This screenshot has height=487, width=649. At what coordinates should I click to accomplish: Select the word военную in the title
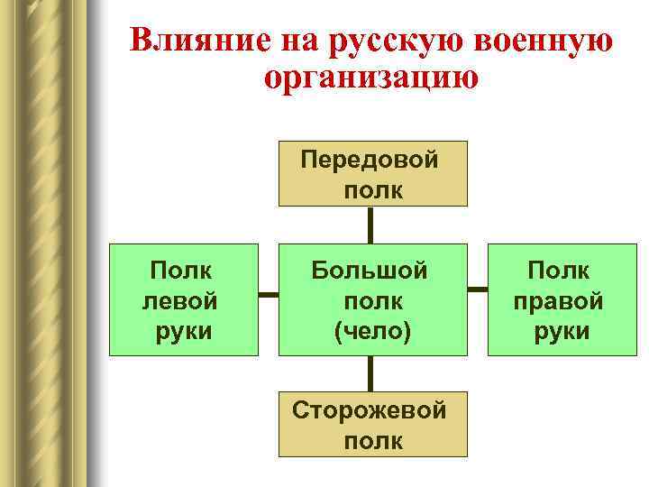coord(535,41)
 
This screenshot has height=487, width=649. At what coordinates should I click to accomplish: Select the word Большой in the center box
coord(370,270)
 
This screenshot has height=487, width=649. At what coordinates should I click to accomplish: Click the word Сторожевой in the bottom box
coord(370,411)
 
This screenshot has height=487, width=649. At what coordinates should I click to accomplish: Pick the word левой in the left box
coord(180,300)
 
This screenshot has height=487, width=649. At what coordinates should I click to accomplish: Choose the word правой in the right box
coord(559,300)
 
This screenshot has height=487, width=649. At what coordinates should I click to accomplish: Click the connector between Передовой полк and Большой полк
coord(370,225)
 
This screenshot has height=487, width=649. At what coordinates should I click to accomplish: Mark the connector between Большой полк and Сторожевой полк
coord(370,373)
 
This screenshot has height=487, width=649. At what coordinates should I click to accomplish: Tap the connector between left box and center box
coord(268,294)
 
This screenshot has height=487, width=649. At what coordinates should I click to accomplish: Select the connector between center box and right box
coord(477,291)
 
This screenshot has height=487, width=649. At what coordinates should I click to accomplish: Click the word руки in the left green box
coord(183,331)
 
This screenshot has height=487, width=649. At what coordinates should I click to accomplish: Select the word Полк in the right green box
coord(559,270)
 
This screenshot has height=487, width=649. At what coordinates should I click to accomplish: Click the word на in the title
coord(283,41)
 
